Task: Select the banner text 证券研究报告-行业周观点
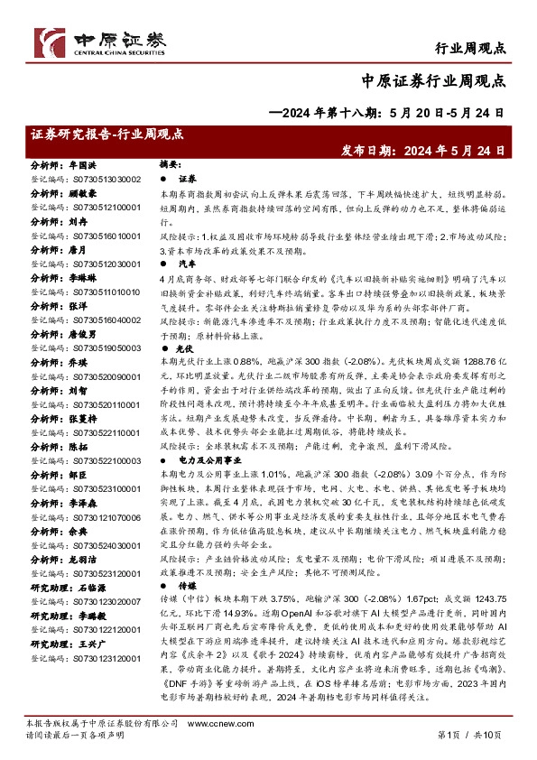(106, 134)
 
